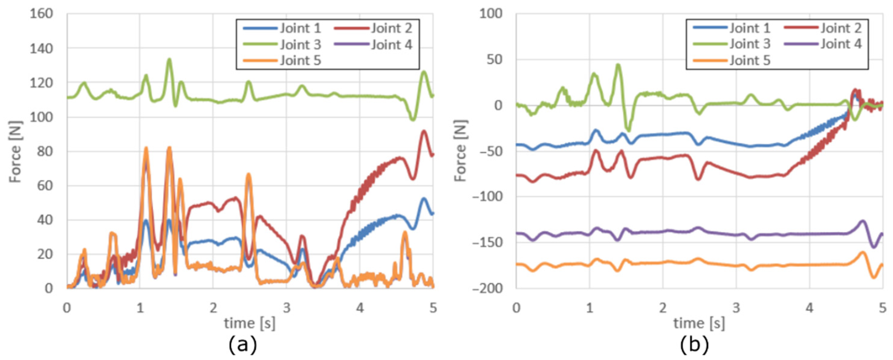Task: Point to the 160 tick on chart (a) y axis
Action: point(41,14)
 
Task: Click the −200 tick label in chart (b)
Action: point(487,288)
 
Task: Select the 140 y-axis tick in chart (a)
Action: point(41,49)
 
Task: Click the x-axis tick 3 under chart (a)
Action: point(286,308)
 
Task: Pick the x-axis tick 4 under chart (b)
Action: point(809,308)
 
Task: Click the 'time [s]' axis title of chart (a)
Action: point(250,323)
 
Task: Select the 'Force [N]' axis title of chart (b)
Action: point(460,151)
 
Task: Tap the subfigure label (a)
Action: point(243,346)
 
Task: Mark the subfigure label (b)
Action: point(694,346)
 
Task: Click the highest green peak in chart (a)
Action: point(169,59)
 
